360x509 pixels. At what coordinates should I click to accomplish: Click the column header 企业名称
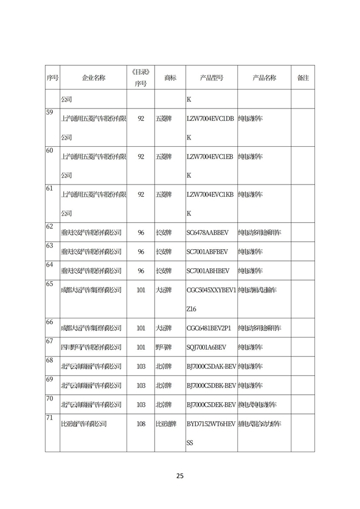(x=93, y=78)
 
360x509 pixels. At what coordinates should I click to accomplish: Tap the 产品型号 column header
(x=211, y=78)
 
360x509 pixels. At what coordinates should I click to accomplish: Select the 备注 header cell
(x=303, y=78)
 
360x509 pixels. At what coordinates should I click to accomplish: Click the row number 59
(x=49, y=112)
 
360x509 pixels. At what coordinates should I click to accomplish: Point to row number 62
(x=49, y=227)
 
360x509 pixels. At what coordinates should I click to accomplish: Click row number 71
(x=49, y=418)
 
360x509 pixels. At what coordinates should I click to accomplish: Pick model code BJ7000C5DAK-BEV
(x=211, y=366)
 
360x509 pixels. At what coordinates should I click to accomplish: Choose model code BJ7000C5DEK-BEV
(x=211, y=404)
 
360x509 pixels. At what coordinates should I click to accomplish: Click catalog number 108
(x=141, y=424)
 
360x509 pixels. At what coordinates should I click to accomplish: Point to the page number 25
(x=179, y=476)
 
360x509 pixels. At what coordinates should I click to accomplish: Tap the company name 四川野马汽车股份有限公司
(x=91, y=347)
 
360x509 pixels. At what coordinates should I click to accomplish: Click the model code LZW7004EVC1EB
(x=210, y=156)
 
